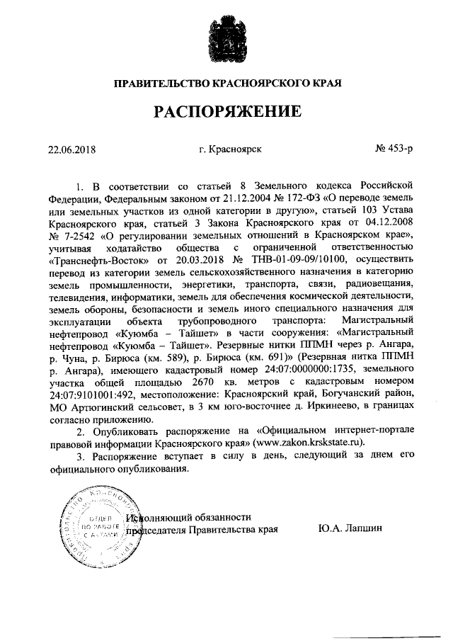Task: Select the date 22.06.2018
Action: click(71, 149)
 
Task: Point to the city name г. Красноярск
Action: click(231, 149)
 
